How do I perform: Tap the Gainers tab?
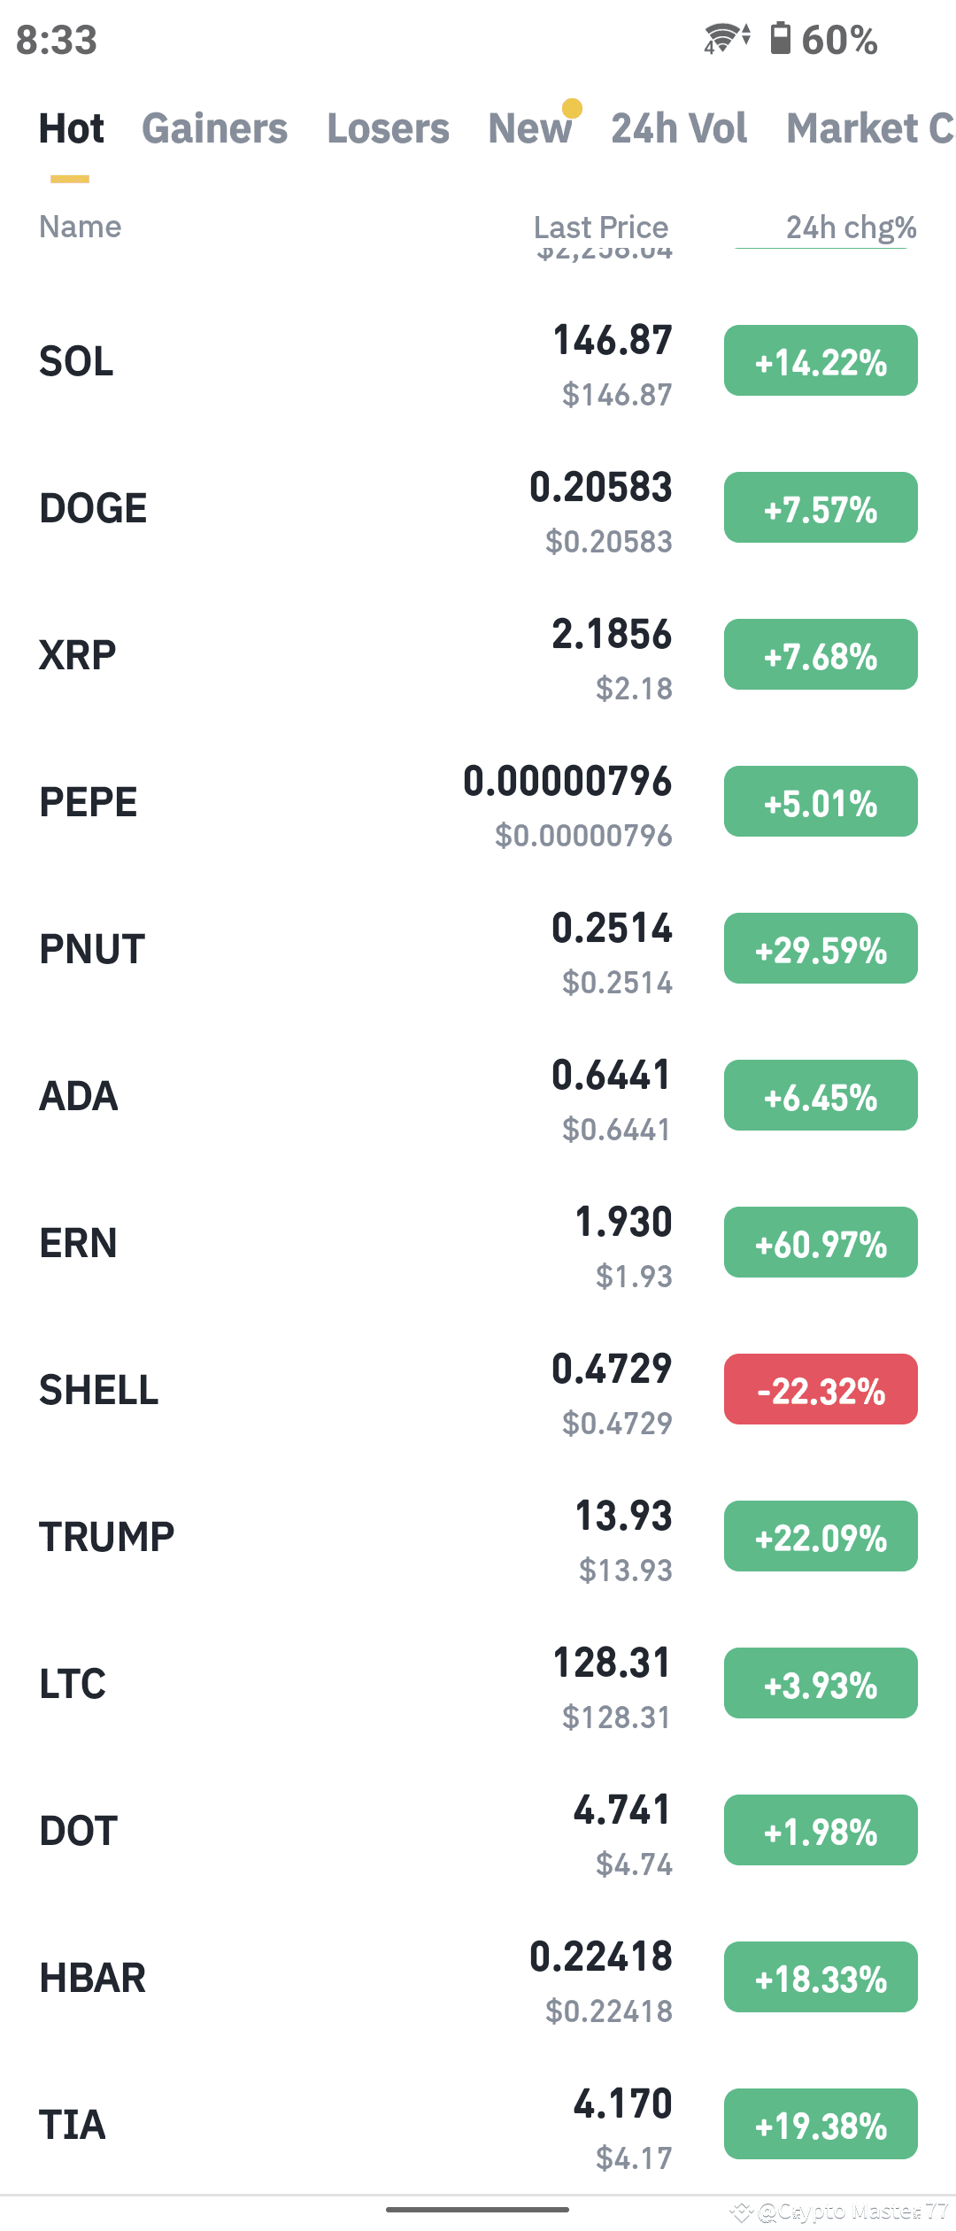(x=214, y=128)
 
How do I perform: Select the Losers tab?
(x=388, y=128)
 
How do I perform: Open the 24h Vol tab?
(x=679, y=128)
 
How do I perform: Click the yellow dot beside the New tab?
(x=573, y=108)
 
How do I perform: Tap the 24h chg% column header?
(x=851, y=228)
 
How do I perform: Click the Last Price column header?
(x=601, y=228)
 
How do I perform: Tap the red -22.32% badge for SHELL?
(x=821, y=1390)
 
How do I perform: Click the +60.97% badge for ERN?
(x=821, y=1243)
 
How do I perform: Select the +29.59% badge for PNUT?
(x=821, y=949)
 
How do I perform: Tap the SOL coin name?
(x=77, y=361)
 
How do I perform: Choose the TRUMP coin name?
(x=107, y=1537)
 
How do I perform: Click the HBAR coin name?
(x=93, y=1978)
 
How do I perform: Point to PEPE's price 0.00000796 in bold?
(x=567, y=782)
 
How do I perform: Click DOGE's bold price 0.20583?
(x=601, y=488)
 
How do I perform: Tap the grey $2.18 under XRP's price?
(x=634, y=689)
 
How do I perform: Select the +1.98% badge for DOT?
(x=821, y=1831)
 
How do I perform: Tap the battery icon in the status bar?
(x=780, y=39)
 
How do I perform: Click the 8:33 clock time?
(x=57, y=41)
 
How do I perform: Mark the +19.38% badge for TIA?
(x=821, y=2125)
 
